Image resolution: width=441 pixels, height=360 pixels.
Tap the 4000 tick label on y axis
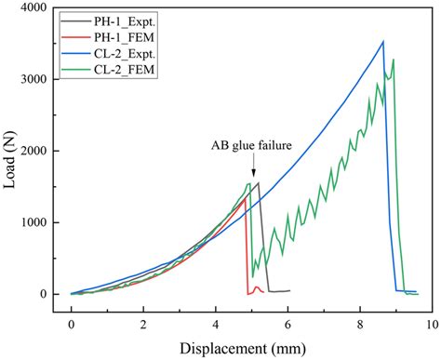[x=37, y=8]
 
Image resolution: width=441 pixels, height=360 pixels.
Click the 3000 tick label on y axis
[x=37, y=80]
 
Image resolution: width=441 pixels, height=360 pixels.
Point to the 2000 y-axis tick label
[x=37, y=151]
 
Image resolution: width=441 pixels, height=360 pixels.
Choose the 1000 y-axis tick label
[x=37, y=222]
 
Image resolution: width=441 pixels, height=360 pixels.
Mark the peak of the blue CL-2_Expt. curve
[x=382, y=41]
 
